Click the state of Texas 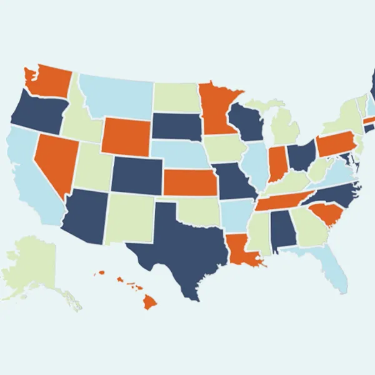181,250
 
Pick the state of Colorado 136,174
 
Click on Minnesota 216,109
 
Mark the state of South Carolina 325,216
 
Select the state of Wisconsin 246,122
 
